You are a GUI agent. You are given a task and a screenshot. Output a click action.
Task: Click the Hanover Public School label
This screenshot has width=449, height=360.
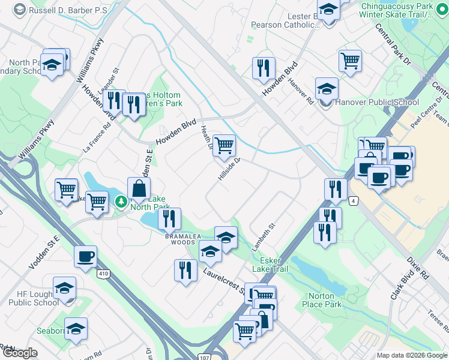click(x=377, y=102)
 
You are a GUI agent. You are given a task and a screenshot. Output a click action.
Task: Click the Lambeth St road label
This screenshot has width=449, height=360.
click(x=264, y=236)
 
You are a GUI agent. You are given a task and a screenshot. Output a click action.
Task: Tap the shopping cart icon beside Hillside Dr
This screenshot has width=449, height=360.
click(x=224, y=145)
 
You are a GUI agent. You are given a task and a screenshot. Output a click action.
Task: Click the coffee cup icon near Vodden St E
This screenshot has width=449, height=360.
click(x=85, y=256)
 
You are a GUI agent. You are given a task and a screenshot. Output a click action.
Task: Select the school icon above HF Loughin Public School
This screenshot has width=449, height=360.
click(x=64, y=288)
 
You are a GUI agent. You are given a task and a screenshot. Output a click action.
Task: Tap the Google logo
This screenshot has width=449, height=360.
click(x=20, y=353)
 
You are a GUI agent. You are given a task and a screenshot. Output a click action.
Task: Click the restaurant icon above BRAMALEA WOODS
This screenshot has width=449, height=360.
click(x=170, y=218)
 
